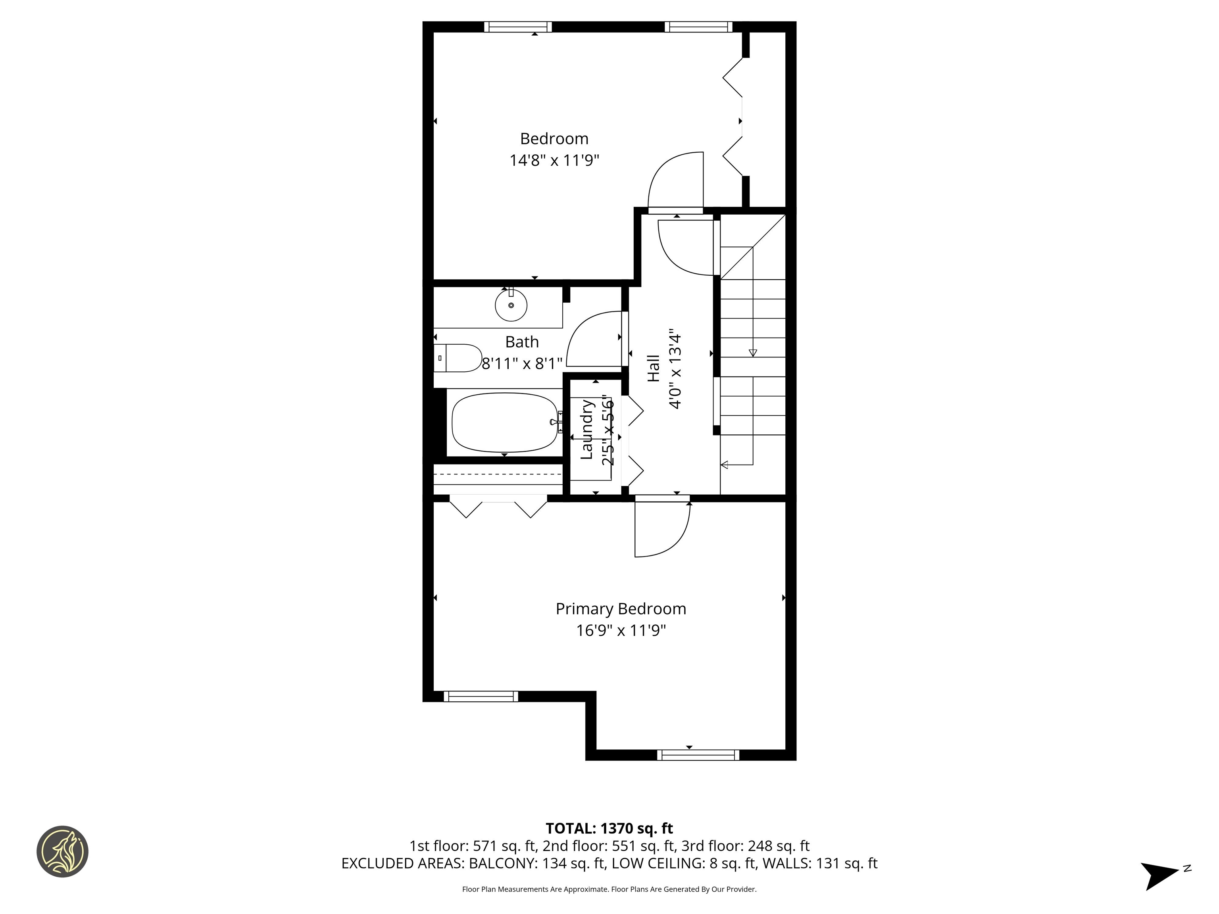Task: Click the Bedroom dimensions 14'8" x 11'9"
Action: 554,160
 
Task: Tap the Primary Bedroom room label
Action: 621,609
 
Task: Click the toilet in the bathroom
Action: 458,358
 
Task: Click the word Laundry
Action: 587,430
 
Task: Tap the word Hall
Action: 653,369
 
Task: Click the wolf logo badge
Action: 62,851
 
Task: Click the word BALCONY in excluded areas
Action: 503,863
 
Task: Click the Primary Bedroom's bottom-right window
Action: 698,755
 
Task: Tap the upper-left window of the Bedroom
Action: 517,27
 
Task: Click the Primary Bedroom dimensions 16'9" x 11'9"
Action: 621,630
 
